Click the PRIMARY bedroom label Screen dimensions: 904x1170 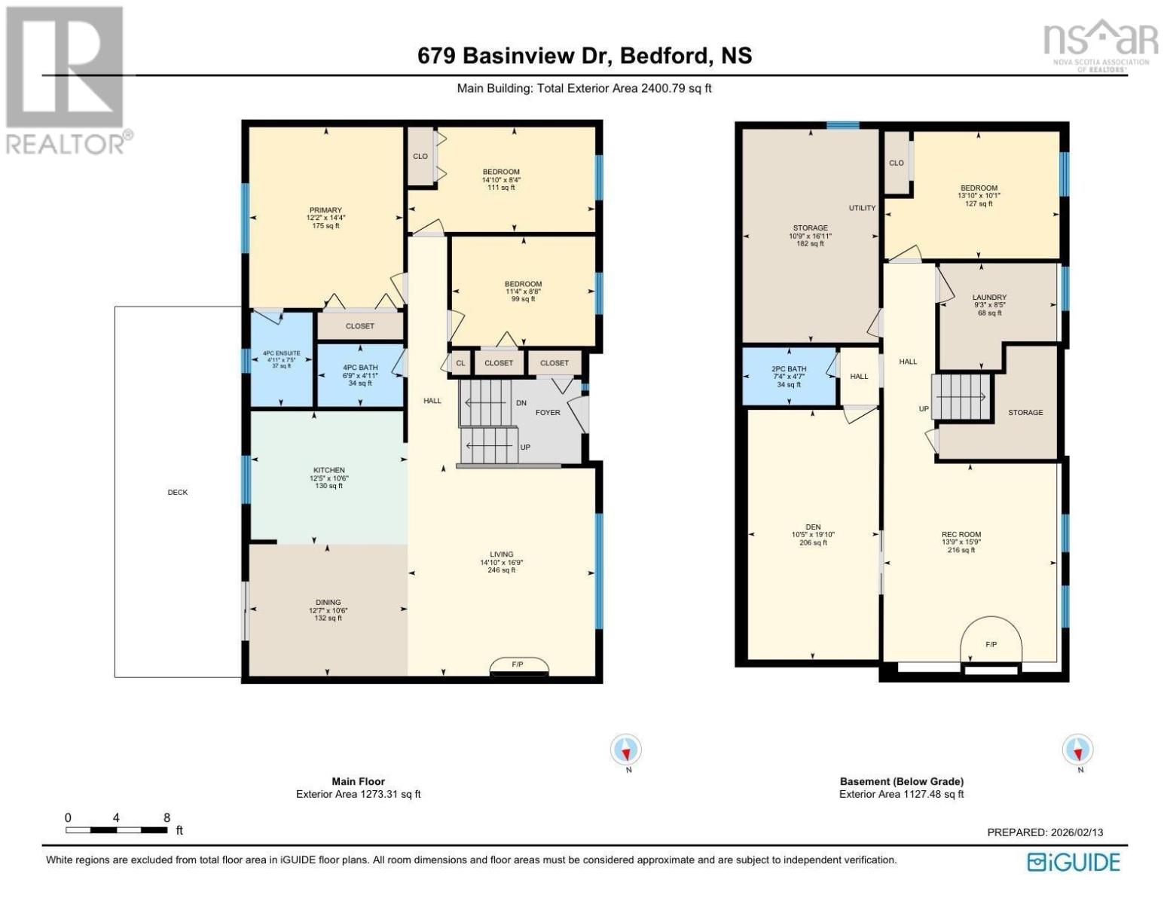click(x=325, y=210)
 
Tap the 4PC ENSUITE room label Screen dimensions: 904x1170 click(x=281, y=353)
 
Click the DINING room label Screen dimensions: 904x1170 click(x=328, y=602)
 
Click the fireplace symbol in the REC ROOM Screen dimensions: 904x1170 click(x=991, y=645)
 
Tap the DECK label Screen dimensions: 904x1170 click(x=178, y=492)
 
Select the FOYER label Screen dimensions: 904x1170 click(x=548, y=412)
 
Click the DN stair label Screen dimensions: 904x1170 click(x=521, y=403)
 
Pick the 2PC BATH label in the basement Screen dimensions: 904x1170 click(x=789, y=369)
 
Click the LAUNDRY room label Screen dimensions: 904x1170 click(x=989, y=298)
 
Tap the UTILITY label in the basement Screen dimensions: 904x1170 click(x=862, y=208)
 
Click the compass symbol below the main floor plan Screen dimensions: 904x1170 click(x=626, y=750)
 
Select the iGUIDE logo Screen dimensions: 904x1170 click(x=1074, y=862)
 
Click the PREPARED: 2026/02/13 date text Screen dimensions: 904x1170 click(x=1045, y=832)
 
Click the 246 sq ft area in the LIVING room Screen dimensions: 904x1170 click(x=502, y=570)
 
